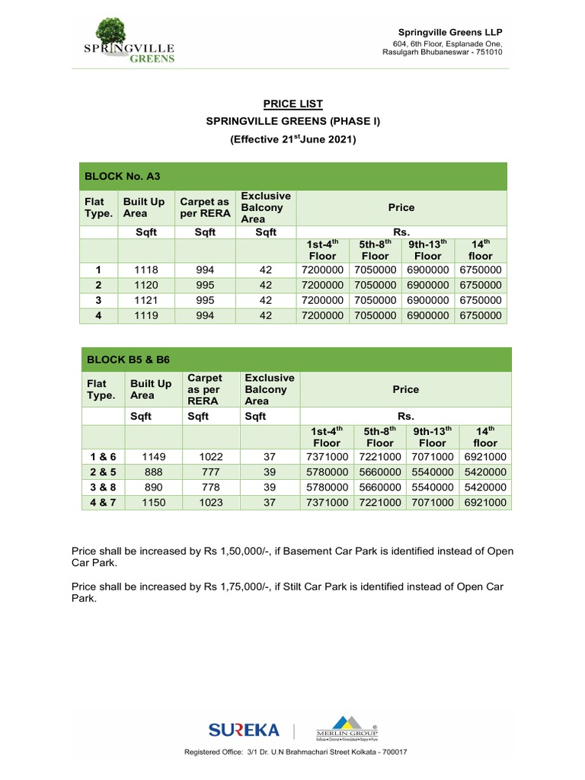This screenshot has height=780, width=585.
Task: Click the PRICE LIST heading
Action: point(293,104)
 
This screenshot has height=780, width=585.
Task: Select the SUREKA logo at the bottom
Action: point(244,730)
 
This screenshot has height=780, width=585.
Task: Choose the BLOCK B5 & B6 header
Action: point(126,360)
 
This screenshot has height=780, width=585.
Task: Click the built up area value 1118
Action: point(145,270)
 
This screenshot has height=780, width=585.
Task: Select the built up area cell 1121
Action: point(145,300)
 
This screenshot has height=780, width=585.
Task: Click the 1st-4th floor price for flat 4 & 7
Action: point(326,503)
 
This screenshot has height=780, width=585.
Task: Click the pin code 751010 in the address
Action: point(488,52)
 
